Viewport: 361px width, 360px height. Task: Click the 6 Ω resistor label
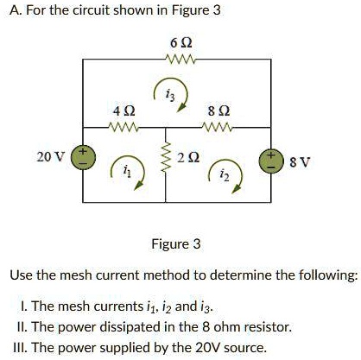180,42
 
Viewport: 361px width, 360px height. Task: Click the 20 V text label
50,157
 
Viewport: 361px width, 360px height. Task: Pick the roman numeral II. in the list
22,327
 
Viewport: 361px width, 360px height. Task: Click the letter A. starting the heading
13,11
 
